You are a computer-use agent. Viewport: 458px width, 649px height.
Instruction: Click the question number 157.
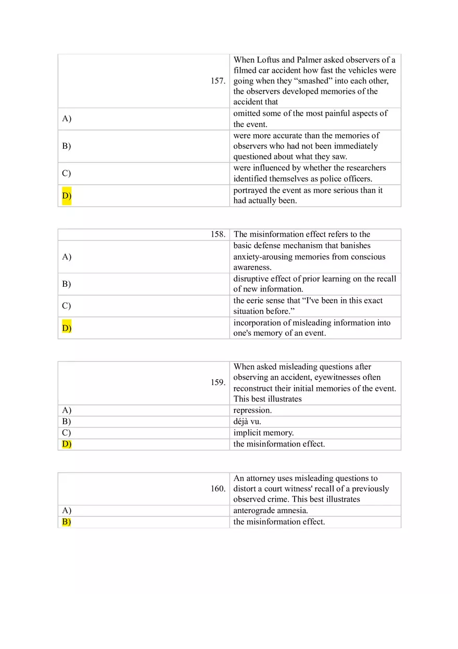tap(218, 81)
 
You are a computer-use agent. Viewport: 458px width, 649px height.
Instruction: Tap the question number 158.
tap(218, 234)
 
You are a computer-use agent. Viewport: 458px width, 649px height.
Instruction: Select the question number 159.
tap(218, 383)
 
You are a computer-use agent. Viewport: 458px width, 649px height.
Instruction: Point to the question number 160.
tap(218, 489)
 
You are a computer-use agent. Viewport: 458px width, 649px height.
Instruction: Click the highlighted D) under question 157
tap(67, 196)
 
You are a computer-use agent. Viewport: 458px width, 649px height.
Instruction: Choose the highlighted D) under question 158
tap(67, 328)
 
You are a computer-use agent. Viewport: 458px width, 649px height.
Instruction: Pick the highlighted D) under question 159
tap(67, 444)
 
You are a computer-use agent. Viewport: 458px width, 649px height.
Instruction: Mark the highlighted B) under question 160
tap(67, 522)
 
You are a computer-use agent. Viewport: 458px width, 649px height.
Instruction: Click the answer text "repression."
tap(252, 410)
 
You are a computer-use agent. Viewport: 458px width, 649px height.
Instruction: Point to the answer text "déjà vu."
tap(247, 422)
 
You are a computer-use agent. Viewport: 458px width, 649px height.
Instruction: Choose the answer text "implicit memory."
tap(263, 432)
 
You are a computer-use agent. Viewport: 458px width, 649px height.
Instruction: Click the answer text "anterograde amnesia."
tap(271, 511)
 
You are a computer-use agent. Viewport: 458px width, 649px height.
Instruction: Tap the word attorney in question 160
tap(260, 478)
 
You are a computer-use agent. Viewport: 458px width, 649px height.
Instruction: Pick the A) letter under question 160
tap(67, 511)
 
